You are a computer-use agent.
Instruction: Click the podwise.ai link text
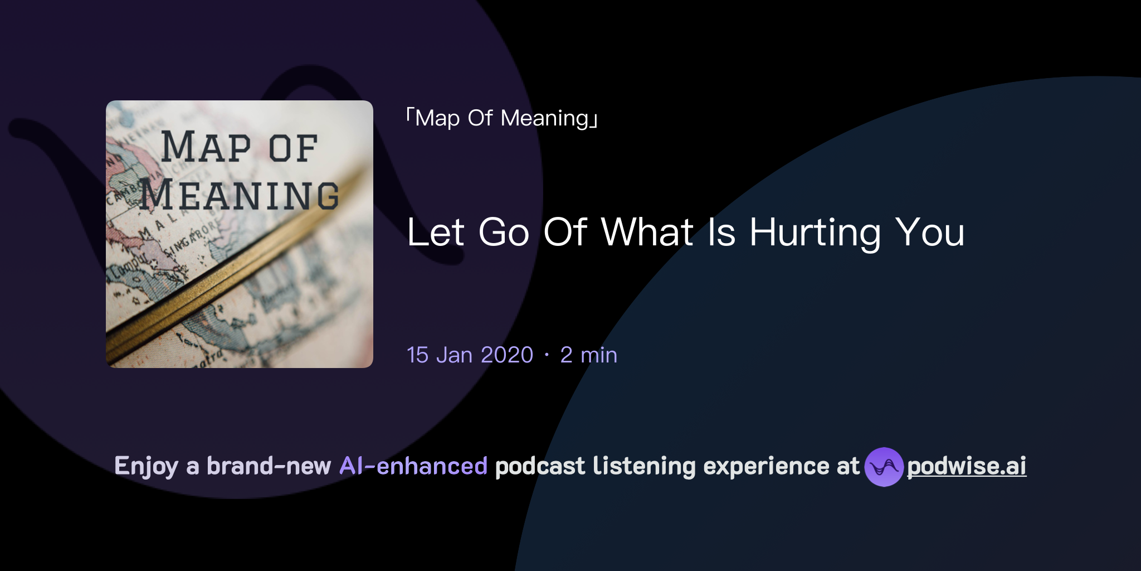(966, 466)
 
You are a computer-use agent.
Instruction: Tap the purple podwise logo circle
(884, 467)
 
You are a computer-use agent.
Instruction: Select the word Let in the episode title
(436, 233)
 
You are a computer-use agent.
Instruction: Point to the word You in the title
(929, 233)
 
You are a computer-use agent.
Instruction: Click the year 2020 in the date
(507, 355)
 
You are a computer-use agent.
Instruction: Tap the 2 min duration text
(589, 355)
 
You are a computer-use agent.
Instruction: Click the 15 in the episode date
(418, 355)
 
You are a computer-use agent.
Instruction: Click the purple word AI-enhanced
(413, 466)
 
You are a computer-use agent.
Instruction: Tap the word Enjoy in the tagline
(146, 466)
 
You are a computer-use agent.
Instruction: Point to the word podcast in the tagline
(540, 466)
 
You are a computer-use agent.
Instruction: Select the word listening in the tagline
(644, 466)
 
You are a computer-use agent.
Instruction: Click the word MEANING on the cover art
(239, 196)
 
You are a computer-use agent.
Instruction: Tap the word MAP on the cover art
(206, 148)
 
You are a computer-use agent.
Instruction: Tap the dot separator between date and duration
(547, 355)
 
